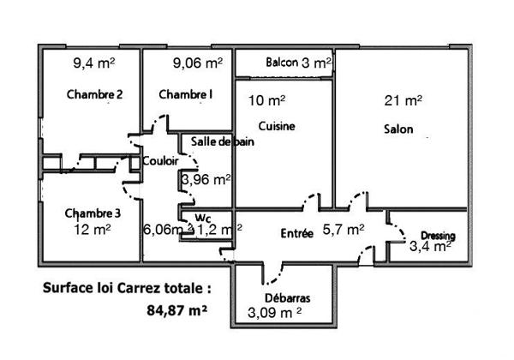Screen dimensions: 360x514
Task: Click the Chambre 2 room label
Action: pyautogui.click(x=95, y=94)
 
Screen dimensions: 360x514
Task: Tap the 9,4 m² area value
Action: pyautogui.click(x=94, y=63)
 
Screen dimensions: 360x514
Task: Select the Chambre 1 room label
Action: pyautogui.click(x=186, y=94)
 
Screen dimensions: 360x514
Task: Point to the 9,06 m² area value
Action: pyautogui.click(x=198, y=63)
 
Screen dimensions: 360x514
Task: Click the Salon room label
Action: pyautogui.click(x=399, y=130)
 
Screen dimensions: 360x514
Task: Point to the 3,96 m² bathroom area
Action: pyautogui.click(x=206, y=179)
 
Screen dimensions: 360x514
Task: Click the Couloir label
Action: pyautogui.click(x=160, y=160)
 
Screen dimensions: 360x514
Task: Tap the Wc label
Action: pyautogui.click(x=203, y=217)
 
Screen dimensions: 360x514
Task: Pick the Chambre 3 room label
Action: pyautogui.click(x=92, y=213)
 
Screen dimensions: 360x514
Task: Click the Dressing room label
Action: pyautogui.click(x=437, y=236)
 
